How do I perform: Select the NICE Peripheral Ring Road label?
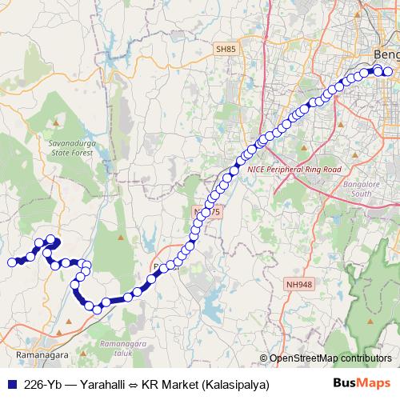coord(294,170)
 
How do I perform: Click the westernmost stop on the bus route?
coord(12,262)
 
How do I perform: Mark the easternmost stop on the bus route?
coord(388,71)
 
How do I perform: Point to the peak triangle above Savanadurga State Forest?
coord(57,123)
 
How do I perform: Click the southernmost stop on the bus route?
coord(97,309)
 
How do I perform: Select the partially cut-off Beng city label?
coord(386,54)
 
